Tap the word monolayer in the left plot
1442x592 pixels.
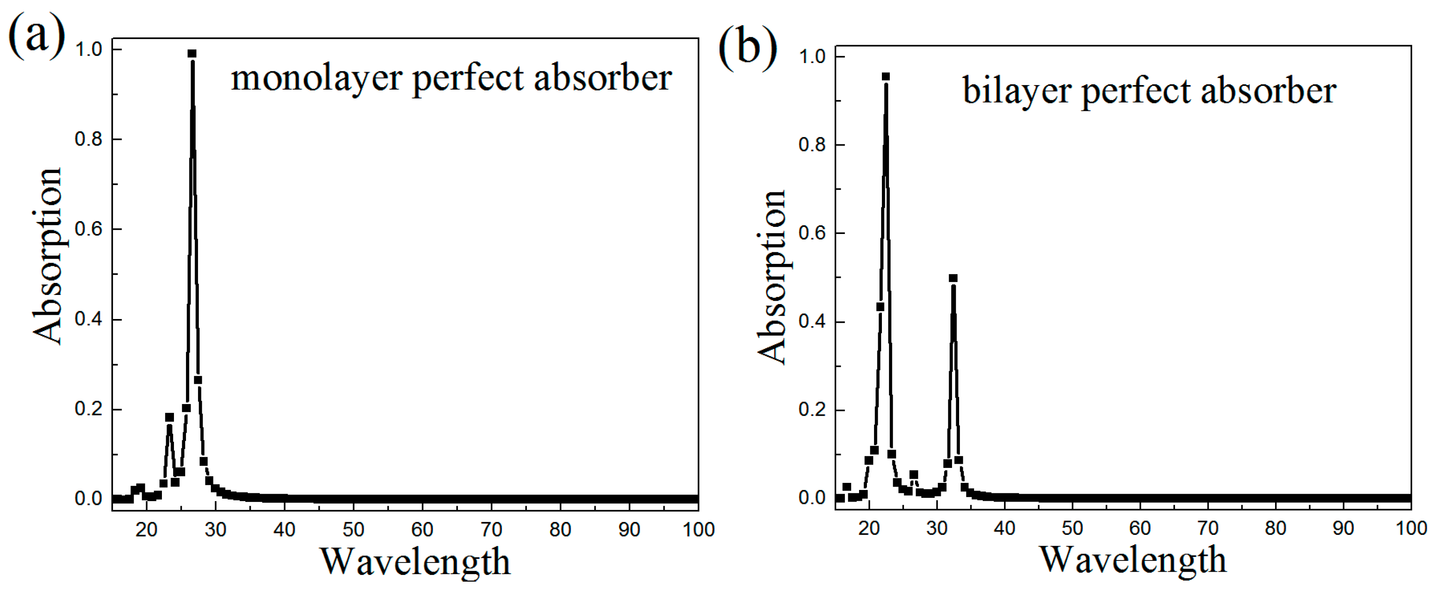317,78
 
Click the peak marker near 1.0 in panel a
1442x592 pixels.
192,54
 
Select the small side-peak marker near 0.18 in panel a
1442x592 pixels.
169,417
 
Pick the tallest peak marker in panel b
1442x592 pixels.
886,77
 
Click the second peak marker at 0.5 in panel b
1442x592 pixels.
953,278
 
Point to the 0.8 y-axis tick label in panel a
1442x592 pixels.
88,139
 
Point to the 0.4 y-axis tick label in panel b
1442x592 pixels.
812,322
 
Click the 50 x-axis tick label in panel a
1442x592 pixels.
353,529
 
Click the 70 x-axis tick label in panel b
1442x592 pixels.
1207,528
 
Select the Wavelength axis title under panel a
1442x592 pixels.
415,562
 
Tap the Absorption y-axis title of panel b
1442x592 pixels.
771,277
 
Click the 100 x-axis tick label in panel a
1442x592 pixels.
698,529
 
